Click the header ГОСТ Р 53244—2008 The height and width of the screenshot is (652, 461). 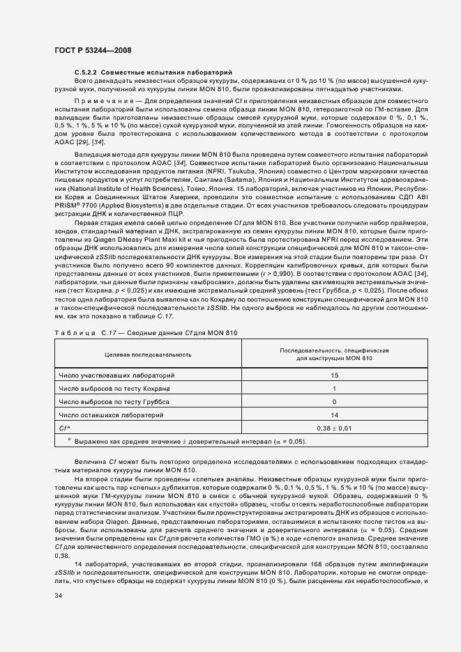[93, 50]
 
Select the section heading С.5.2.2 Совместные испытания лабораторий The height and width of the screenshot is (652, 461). [153, 73]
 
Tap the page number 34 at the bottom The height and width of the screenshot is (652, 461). [59, 596]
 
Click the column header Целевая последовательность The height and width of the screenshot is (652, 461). [148, 355]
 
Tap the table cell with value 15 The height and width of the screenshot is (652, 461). [335, 375]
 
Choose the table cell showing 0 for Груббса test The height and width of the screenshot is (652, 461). [335, 402]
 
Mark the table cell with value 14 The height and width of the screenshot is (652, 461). [335, 415]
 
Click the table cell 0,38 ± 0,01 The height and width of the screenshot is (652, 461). [335, 428]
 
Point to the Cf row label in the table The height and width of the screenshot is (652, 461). [63, 428]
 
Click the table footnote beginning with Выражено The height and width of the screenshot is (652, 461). [188, 442]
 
